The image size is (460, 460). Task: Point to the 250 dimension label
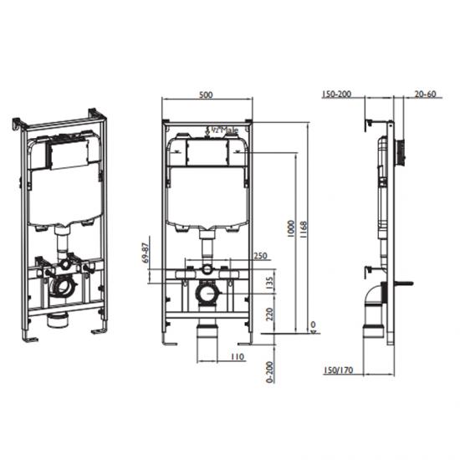[260, 256]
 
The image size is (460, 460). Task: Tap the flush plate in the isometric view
[65, 151]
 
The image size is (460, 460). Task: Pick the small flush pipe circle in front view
[205, 269]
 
